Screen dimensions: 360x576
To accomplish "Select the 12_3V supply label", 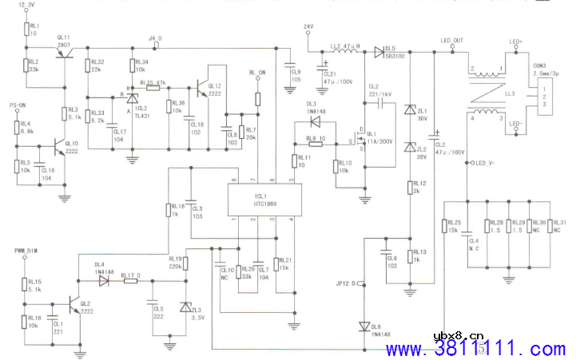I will pos(26,6).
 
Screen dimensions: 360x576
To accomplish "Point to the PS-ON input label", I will pos(17,105).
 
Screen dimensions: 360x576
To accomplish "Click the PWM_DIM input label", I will pos(26,251).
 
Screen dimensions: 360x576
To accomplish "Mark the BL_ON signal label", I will pos(257,73).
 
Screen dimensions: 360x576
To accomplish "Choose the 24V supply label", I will pos(308,28).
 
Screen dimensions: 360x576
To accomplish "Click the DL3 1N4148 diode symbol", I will pos(317,121).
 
